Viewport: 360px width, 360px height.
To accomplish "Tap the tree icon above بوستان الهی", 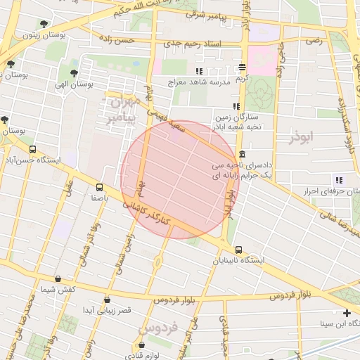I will tap(75, 72).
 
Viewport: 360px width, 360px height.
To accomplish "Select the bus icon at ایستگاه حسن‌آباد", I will tap(33, 149).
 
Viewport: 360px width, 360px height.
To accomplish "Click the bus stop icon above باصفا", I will tap(99, 187).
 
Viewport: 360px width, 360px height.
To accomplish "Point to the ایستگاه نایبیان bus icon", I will tap(239, 250).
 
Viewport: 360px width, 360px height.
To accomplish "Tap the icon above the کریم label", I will tap(242, 67).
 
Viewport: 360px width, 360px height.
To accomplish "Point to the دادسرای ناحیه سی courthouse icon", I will tap(243, 155).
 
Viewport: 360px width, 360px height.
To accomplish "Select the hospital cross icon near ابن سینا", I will tap(346, 313).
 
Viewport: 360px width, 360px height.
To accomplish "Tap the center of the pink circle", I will tap(179, 179).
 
